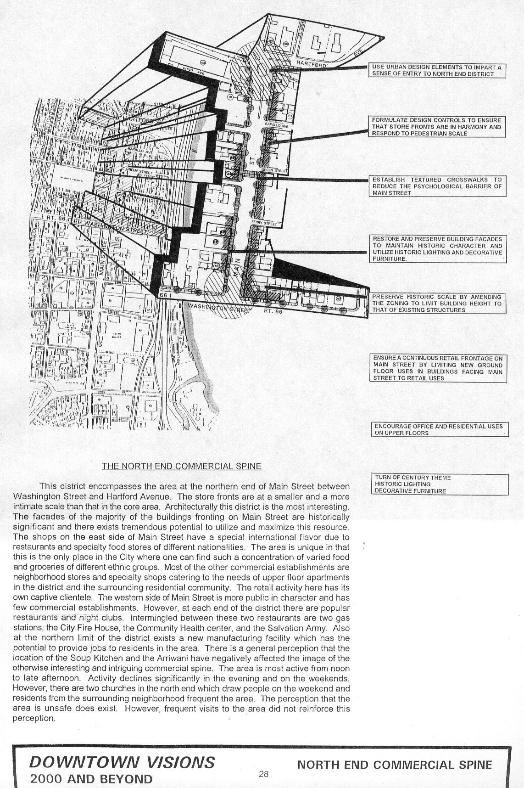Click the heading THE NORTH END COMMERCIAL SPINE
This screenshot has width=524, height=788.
tap(181, 466)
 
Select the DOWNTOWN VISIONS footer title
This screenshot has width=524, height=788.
tap(122, 762)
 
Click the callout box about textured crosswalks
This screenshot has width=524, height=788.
tap(437, 186)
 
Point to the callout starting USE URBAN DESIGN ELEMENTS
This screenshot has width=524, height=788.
tap(437, 71)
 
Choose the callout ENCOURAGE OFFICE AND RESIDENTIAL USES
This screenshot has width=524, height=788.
tap(439, 429)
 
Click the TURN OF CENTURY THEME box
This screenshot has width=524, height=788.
tap(439, 484)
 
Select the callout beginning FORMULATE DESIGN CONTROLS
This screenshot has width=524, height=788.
tap(437, 127)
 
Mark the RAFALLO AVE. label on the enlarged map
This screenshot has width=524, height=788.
tap(276, 125)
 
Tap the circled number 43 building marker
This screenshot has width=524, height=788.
tap(203, 62)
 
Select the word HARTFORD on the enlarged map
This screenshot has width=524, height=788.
tap(311, 64)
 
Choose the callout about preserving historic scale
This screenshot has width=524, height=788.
tap(437, 303)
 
